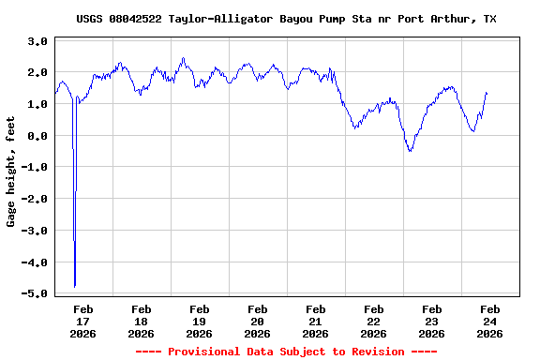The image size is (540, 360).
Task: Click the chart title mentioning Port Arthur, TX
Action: [286, 19]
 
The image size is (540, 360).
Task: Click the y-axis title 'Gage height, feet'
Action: [11, 178]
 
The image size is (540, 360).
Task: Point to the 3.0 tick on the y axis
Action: [37, 41]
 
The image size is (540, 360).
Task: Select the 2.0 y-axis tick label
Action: [37, 73]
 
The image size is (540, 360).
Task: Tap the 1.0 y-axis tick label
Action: [37, 104]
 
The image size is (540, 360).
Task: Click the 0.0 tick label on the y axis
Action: [37, 136]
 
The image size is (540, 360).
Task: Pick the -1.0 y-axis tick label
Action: [36, 168]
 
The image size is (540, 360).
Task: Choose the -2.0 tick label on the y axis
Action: [36, 199]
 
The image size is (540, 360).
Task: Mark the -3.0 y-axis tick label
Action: [36, 231]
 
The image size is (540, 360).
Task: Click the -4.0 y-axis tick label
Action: [36, 262]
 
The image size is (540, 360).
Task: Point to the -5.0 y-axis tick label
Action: [36, 293]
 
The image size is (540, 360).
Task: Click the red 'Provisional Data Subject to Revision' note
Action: [286, 352]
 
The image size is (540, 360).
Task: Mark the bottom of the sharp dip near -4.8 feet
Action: [74, 286]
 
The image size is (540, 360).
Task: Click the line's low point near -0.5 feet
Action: [410, 151]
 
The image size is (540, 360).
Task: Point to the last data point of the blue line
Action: [487, 93]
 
